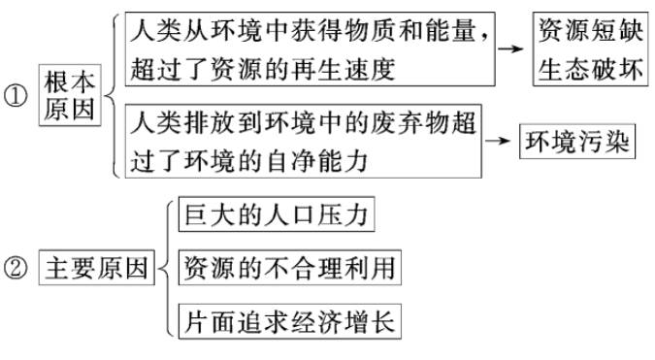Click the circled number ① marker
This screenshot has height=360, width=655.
[15, 97]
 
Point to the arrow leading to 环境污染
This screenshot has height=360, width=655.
[498, 142]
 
